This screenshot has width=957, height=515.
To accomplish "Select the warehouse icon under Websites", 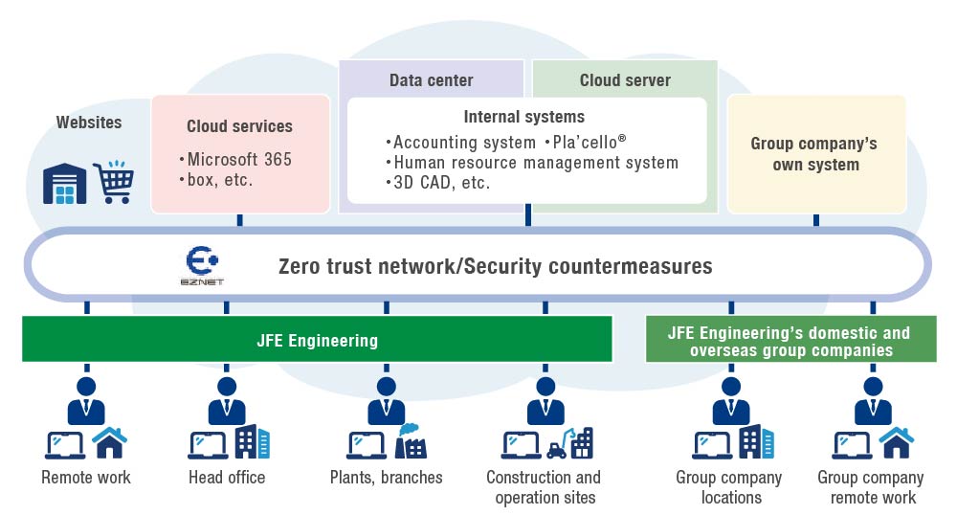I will point(64,183).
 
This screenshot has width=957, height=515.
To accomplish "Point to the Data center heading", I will point(431,80).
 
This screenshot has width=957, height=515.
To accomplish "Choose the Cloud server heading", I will point(625,80).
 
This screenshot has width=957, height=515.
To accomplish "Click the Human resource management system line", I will point(536,163).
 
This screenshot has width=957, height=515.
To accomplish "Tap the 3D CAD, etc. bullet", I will point(441,183).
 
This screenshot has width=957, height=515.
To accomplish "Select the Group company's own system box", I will point(816,154).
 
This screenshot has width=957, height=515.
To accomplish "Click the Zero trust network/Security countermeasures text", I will point(495,266).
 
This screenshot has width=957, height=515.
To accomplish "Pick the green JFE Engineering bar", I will point(317,340).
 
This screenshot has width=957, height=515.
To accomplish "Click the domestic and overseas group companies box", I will point(790,342).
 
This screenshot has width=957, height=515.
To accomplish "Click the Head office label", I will point(227,477).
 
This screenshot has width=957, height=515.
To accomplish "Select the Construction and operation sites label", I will point(544,487).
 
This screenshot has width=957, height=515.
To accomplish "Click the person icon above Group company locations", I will point(731,399).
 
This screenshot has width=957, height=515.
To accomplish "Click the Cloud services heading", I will point(239,126).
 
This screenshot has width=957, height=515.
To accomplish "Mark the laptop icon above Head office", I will point(206,445).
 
